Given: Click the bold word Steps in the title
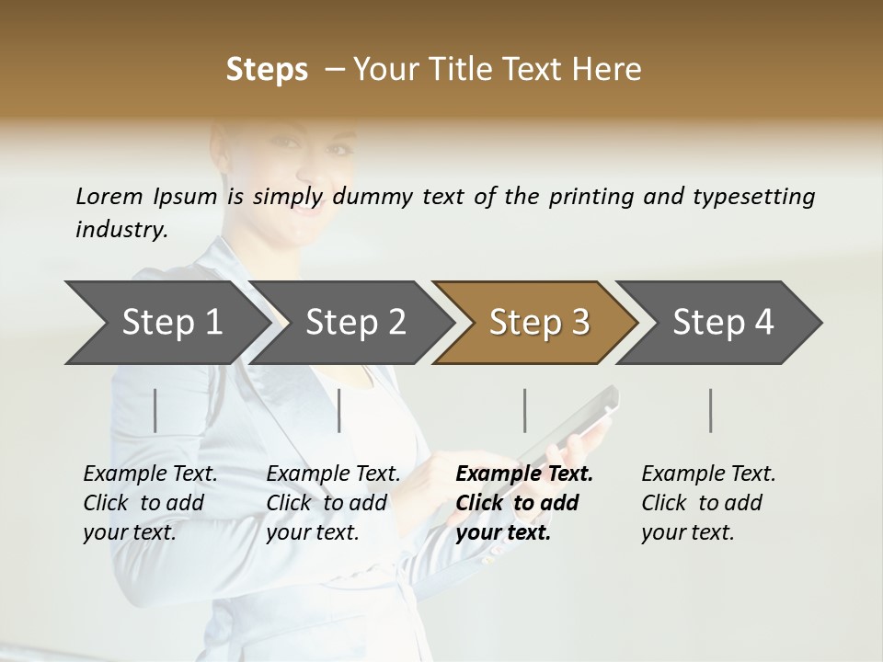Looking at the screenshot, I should (267, 70).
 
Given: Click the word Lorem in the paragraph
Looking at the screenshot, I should (109, 197).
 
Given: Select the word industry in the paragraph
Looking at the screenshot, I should (120, 230).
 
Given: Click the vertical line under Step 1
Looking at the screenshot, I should (155, 410).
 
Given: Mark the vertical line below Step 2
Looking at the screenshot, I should (339, 410).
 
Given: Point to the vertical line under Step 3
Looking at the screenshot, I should (525, 410).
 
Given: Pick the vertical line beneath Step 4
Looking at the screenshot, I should (711, 410).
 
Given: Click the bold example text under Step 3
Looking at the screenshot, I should (524, 503).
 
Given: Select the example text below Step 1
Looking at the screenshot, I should (150, 503).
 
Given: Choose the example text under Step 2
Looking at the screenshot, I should (333, 503).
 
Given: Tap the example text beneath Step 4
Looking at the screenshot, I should (708, 503).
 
